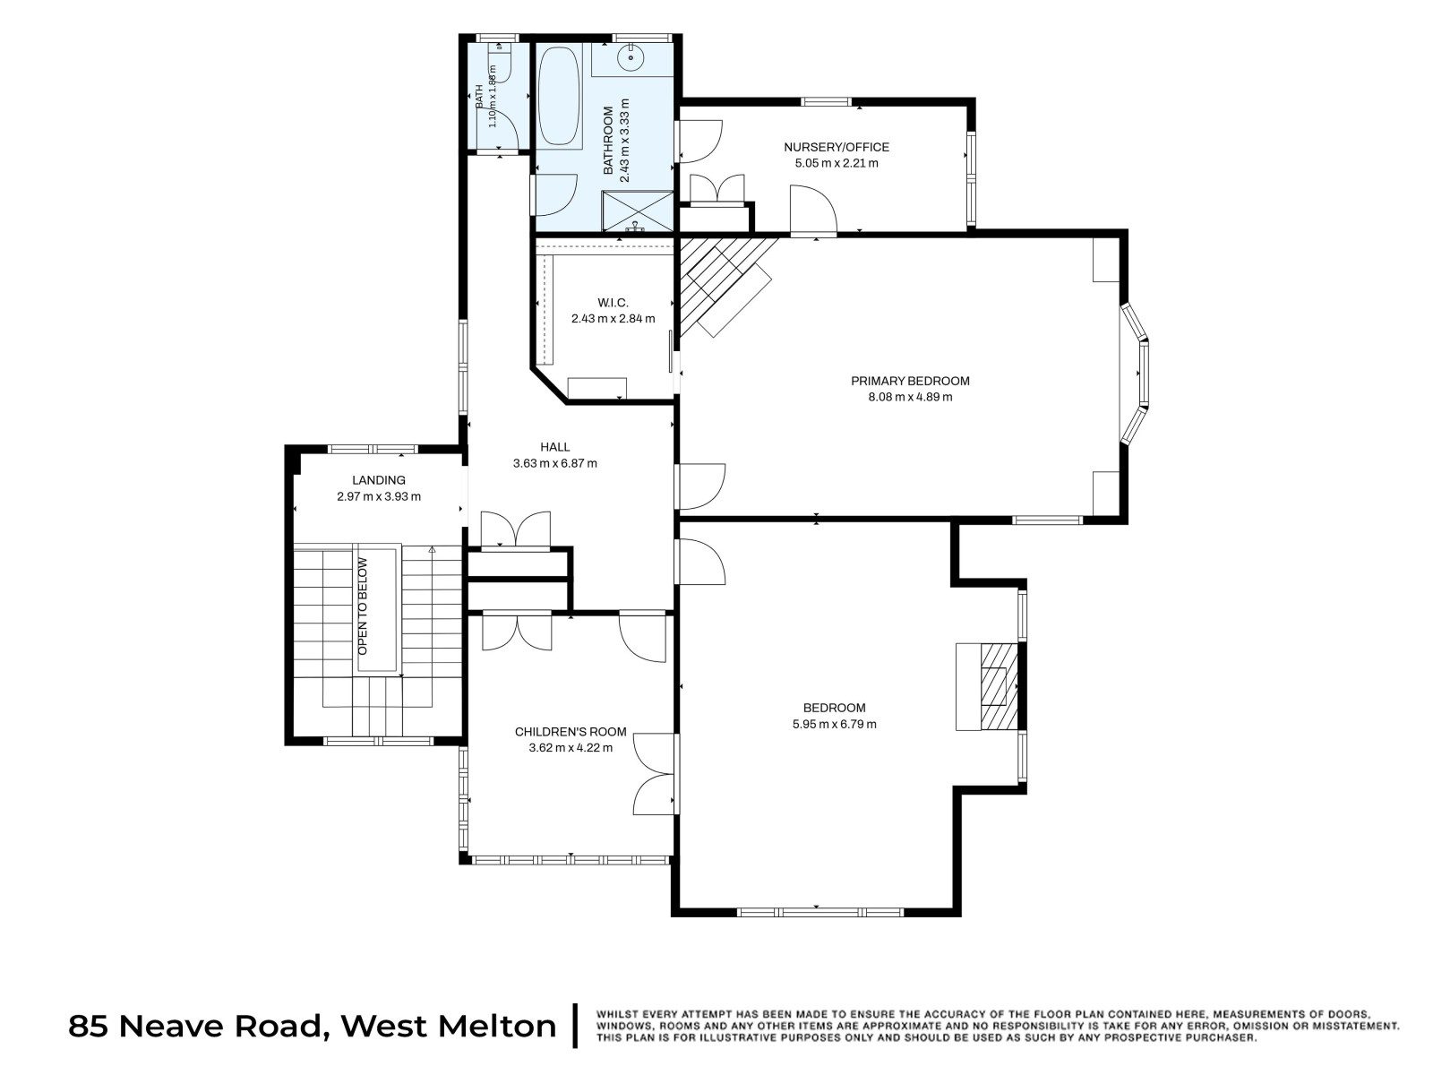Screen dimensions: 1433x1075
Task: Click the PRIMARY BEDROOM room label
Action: pos(909,381)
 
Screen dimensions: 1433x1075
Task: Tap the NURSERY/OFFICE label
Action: pos(837,147)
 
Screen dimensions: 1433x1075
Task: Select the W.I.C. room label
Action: pos(613,303)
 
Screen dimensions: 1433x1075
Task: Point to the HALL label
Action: pos(554,447)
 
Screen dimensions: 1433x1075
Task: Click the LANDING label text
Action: pos(379,480)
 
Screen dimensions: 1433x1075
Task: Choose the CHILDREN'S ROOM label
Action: pos(570,732)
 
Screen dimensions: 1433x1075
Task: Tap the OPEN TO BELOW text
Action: pos(363,606)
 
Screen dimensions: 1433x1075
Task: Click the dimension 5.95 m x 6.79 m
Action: pos(834,724)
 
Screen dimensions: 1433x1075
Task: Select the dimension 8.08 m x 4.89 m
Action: pos(909,397)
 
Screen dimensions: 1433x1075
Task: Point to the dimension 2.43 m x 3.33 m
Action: pos(625,141)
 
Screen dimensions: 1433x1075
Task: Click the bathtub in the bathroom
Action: pos(559,98)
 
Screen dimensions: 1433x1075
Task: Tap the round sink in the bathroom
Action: pos(631,57)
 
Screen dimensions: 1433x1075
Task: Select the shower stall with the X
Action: pos(637,211)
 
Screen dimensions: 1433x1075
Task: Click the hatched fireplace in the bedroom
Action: pos(999,686)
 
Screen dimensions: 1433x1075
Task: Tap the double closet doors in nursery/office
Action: pos(716,189)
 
